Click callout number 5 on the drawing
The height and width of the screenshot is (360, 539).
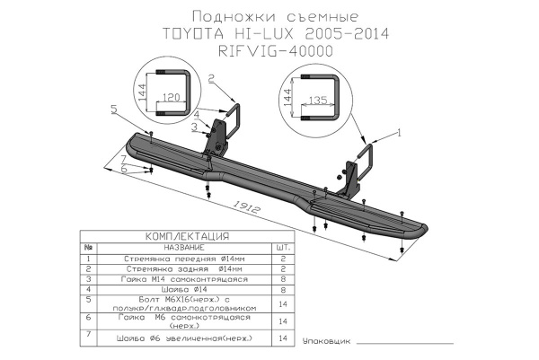pyautogui.click(x=114, y=109)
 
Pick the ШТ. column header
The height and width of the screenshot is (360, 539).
pyautogui.click(x=283, y=247)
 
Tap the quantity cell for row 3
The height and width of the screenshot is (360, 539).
pyautogui.click(x=283, y=279)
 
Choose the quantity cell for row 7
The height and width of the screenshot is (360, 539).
pyautogui.click(x=283, y=338)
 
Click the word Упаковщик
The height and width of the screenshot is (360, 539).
pyautogui.click(x=324, y=342)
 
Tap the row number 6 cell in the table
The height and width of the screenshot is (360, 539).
pyautogui.click(x=88, y=319)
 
